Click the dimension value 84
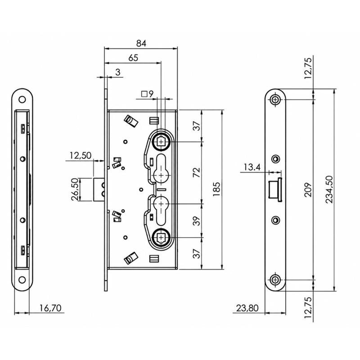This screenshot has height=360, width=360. click(141, 43)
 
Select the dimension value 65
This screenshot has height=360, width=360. click(133, 58)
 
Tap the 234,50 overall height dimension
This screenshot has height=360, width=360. click(329, 189)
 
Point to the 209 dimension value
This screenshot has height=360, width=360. click(308, 189)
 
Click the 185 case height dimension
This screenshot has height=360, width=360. click(216, 189)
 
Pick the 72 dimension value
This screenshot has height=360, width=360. click(197, 172)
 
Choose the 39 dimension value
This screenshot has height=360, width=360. click(197, 221)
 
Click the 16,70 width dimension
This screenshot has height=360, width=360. click(50, 308)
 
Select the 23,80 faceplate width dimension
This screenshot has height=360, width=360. click(247, 308)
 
